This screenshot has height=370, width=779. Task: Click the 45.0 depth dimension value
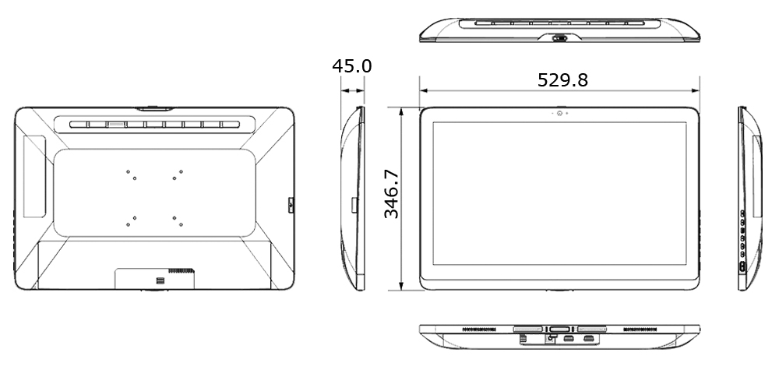352,66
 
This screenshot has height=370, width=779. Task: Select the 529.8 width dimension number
562,79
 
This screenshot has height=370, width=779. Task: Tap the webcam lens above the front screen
559,114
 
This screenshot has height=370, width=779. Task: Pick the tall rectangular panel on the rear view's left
33,175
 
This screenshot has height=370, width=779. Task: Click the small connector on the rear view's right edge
291,206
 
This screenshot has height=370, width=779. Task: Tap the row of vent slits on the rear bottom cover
181,272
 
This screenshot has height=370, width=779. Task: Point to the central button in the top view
559,37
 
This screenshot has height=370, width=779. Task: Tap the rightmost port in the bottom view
590,339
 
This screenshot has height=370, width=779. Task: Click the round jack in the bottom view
552,337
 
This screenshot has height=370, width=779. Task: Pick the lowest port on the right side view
742,266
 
